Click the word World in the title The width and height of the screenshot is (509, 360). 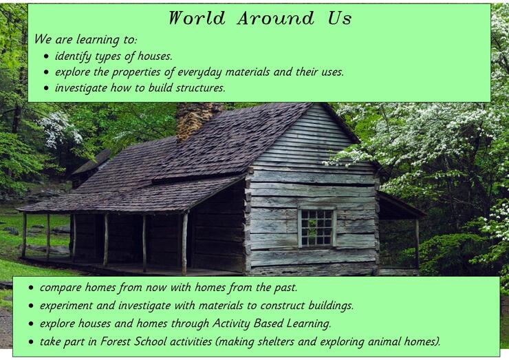pyautogui.click(x=197, y=18)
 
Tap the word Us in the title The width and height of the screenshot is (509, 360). pyautogui.click(x=340, y=18)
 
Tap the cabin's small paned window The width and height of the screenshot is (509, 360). pyautogui.click(x=317, y=227)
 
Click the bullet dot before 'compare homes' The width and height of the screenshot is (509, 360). pyautogui.click(x=31, y=288)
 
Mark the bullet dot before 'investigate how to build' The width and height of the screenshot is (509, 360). pyautogui.click(x=46, y=88)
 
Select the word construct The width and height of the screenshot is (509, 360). pyautogui.click(x=282, y=306)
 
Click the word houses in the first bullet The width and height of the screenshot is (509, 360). pyautogui.click(x=155, y=56)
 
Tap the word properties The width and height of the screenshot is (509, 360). pyautogui.click(x=136, y=72)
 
